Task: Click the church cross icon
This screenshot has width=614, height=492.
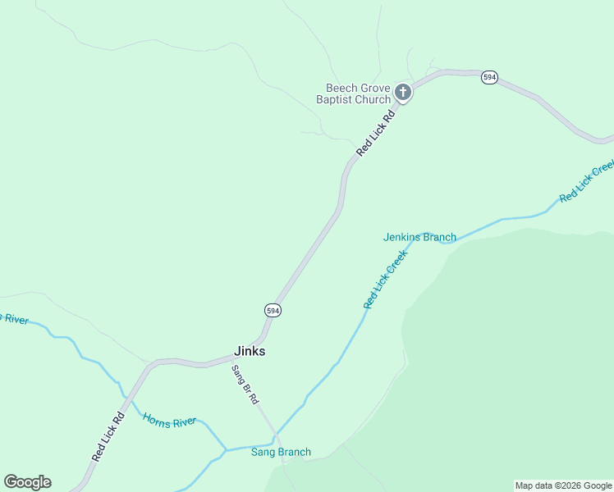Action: point(402,92)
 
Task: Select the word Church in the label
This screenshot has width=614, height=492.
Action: point(372,100)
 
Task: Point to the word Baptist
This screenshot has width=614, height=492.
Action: point(334,100)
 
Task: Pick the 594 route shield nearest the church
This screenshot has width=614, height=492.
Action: point(489,77)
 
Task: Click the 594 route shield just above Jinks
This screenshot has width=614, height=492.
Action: point(273,310)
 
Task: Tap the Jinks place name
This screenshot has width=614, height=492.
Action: point(250,351)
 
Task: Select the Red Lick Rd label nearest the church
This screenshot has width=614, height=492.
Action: point(376,134)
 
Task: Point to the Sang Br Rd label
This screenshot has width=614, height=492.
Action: point(245,385)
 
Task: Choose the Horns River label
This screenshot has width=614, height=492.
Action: point(170,421)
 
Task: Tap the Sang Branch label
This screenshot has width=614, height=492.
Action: point(281,452)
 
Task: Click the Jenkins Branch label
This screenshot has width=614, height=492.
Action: point(419,237)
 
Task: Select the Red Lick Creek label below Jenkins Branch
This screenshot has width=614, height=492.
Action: point(386,280)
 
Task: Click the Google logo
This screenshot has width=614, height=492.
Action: point(27,482)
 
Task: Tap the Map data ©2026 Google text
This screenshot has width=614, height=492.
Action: point(563,485)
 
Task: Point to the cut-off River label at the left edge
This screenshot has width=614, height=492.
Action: point(14,318)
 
